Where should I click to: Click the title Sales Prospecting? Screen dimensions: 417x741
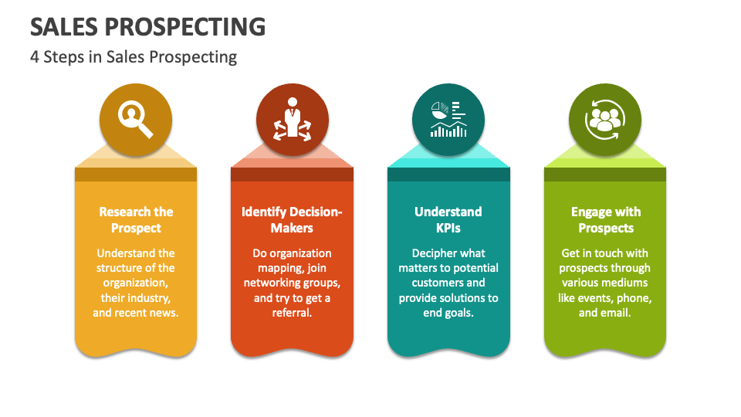[147, 26]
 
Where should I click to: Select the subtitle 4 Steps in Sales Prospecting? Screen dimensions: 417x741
[134, 56]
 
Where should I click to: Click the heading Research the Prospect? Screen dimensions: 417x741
[136, 219]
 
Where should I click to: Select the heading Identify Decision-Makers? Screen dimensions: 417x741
[292, 219]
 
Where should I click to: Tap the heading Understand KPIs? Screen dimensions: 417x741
[448, 219]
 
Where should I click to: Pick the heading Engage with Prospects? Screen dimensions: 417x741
[606, 219]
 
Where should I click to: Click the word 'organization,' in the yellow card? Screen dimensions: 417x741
[136, 283]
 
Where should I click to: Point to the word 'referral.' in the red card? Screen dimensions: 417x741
[292, 313]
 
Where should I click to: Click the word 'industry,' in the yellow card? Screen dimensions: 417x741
[151, 297]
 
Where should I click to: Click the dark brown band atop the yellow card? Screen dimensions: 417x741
[136, 175]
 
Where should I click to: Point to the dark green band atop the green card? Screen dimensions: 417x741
[605, 175]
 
